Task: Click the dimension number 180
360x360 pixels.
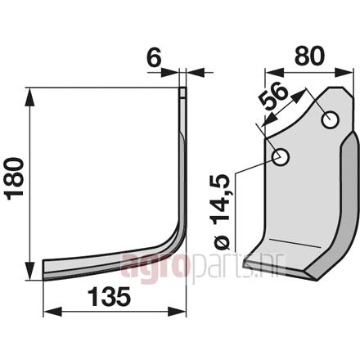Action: tap(15, 178)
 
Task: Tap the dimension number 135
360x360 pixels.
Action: tap(110, 297)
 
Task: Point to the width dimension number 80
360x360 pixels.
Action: tap(310, 56)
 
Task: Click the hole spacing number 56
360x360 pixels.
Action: tap(273, 96)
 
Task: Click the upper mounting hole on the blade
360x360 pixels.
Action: tap(331, 120)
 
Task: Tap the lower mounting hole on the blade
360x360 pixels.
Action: tap(281, 157)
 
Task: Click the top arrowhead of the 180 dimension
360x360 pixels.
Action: tap(30, 97)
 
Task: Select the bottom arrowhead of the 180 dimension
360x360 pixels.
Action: tap(30, 271)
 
